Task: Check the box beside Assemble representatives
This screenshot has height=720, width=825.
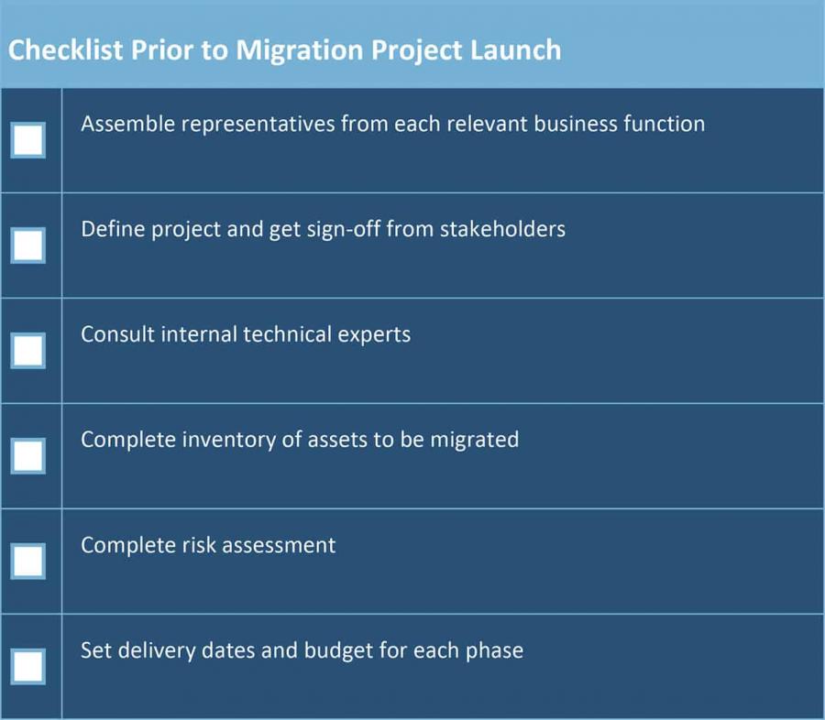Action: pos(28,140)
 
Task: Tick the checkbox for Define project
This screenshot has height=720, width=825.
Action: pos(28,245)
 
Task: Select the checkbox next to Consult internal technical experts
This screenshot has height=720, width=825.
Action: pos(28,350)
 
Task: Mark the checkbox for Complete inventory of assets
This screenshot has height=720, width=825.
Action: pos(28,455)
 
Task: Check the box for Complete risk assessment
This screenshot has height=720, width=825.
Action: pos(28,561)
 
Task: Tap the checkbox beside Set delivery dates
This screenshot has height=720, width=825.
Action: pos(28,666)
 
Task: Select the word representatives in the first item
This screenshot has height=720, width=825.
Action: pos(258,124)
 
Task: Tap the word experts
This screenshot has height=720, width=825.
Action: pos(376,334)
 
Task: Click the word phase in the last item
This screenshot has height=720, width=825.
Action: pos(494,650)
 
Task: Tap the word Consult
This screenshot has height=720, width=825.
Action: pos(117,334)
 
